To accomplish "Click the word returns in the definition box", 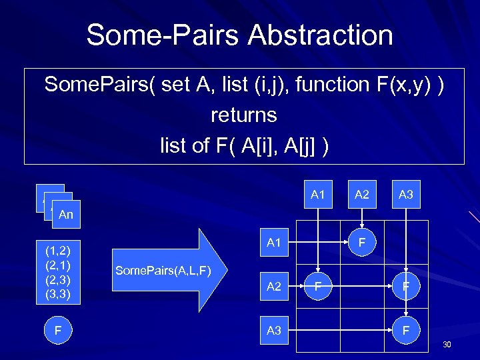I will click(243, 115).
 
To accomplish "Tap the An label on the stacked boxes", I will click(66, 215).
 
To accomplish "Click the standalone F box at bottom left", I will click(58, 330).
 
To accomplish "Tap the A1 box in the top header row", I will click(317, 195).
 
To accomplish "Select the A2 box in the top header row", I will click(362, 195).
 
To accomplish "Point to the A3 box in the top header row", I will click(406, 195).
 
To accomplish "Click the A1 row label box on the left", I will click(274, 243).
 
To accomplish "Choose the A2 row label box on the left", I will click(274, 287).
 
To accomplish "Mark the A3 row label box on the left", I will click(274, 330).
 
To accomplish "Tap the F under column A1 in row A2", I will click(318, 287).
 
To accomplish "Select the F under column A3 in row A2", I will click(406, 287).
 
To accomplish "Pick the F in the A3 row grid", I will click(406, 330).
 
